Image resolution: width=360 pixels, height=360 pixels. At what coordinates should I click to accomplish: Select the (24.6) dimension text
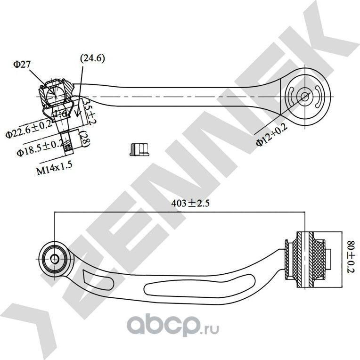(x=92, y=58)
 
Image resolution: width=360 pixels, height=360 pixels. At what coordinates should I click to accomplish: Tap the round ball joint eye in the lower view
(x=54, y=258)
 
